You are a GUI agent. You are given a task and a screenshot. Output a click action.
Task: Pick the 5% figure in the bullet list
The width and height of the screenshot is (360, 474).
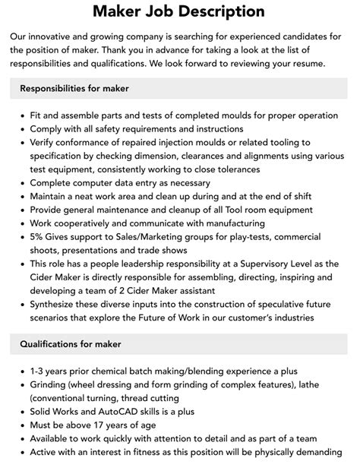point(38,237)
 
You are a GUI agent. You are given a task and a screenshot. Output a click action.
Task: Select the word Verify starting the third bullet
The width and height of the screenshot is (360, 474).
point(45,142)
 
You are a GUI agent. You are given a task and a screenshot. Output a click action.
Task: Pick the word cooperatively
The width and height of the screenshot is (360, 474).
point(84,223)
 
